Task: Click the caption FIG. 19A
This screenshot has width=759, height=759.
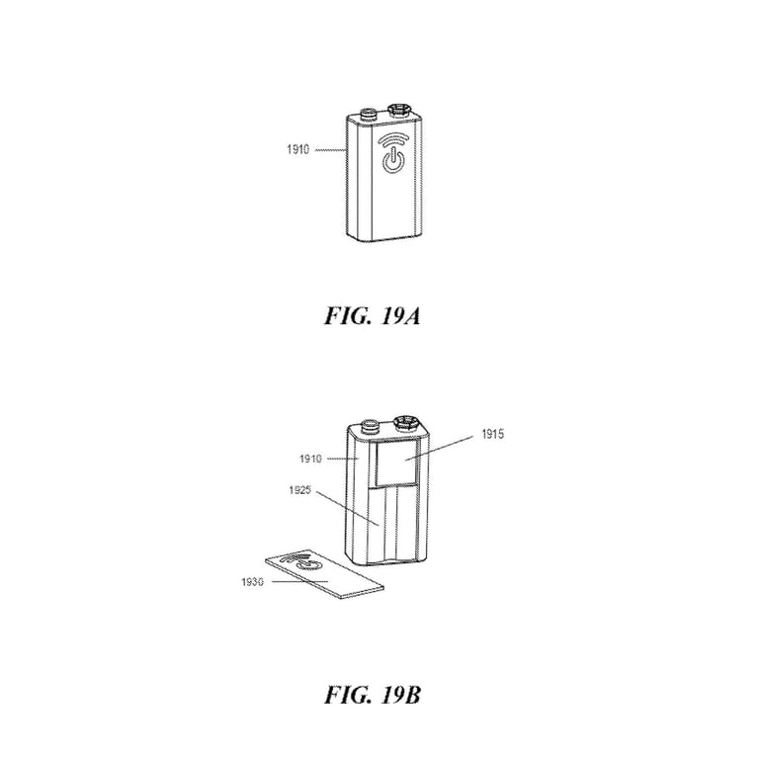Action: tap(379, 319)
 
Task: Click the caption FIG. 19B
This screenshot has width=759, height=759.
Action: tap(379, 694)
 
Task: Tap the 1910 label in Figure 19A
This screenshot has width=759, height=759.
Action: tap(295, 150)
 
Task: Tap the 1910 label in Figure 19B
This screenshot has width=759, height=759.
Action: tap(313, 458)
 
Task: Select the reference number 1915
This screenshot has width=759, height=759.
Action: tap(494, 433)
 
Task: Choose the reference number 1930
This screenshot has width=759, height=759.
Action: tap(253, 582)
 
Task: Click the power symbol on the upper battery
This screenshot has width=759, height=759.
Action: tap(393, 160)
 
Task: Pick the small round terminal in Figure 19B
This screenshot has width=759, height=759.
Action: tap(371, 428)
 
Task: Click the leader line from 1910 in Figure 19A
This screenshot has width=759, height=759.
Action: tap(327, 150)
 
